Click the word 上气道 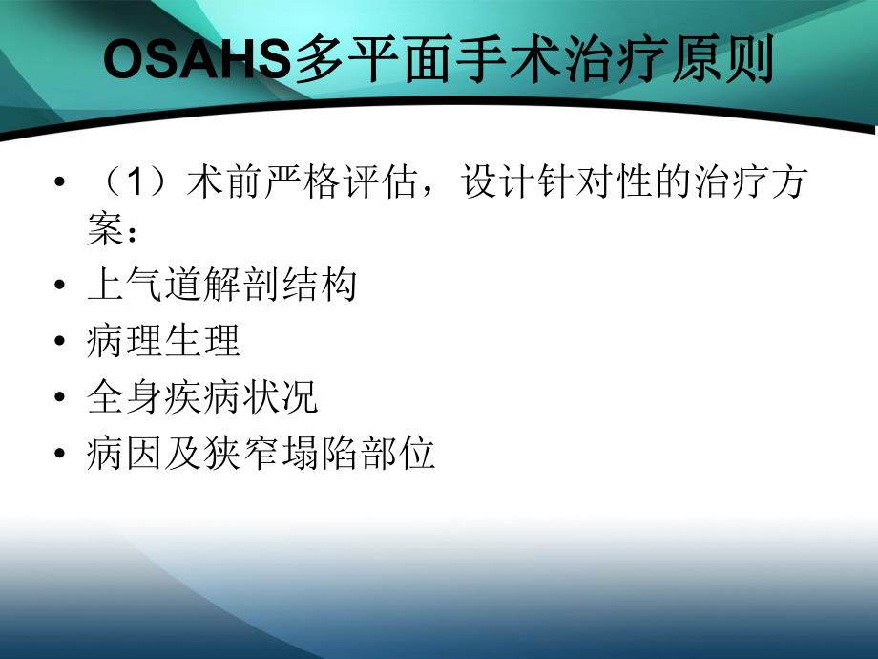pyautogui.click(x=144, y=285)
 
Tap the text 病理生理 pyautogui.click(x=163, y=341)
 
